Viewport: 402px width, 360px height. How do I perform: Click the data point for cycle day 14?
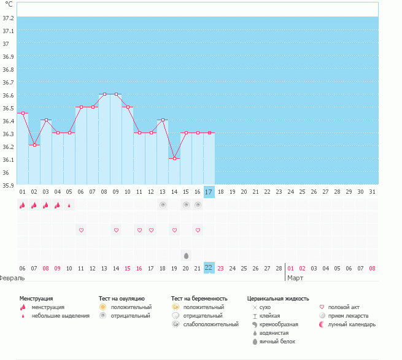[175, 158]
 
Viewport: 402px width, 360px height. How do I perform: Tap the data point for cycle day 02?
[34, 145]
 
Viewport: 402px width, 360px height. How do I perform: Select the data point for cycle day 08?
[104, 94]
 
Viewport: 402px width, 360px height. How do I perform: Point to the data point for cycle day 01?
[23, 113]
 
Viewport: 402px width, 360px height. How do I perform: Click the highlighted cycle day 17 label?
[209, 192]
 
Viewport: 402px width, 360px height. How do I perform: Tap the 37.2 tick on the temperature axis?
[9, 18]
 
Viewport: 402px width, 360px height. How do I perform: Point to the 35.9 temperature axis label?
[9, 184]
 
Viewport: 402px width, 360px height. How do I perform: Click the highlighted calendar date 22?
[209, 267]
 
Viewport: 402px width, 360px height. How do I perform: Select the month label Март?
[295, 278]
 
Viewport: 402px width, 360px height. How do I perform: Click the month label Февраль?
[12, 278]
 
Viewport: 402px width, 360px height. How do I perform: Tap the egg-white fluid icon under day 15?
[186, 255]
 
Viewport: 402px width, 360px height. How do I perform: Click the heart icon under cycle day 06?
[81, 230]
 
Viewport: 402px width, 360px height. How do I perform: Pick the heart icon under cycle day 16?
[198, 230]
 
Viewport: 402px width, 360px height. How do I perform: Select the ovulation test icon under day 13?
[163, 205]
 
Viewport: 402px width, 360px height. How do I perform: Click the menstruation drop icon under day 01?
[23, 205]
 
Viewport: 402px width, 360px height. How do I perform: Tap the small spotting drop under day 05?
[69, 205]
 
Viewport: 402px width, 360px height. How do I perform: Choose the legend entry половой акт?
[342, 307]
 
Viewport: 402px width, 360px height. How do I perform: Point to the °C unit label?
[9, 4]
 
